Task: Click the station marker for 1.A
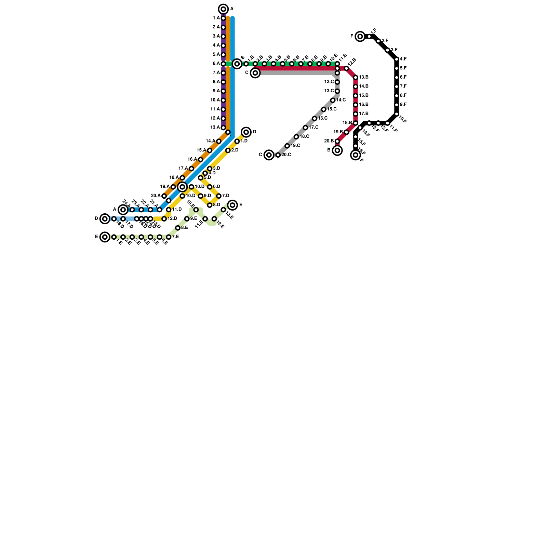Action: tap(223, 18)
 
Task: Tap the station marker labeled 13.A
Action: tap(223, 128)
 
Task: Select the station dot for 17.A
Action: tap(191, 169)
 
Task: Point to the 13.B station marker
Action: tap(356, 78)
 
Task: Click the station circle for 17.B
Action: tap(356, 114)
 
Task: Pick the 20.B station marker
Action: tap(337, 141)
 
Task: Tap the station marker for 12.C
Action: tap(337, 82)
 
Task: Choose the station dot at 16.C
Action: tap(315, 118)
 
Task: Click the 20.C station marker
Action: tap(278, 155)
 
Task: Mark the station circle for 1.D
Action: tap(237, 141)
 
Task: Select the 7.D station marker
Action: tap(219, 196)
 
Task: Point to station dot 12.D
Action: tap(164, 219)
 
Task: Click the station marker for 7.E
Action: tap(169, 237)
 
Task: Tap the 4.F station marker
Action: tap(397, 59)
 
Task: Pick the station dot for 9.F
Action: tap(397, 105)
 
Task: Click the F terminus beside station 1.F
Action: tap(360, 36)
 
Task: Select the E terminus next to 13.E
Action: tap(232, 205)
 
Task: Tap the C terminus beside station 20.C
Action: tap(269, 155)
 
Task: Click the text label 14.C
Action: tap(341, 100)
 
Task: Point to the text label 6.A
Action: tap(216, 64)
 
